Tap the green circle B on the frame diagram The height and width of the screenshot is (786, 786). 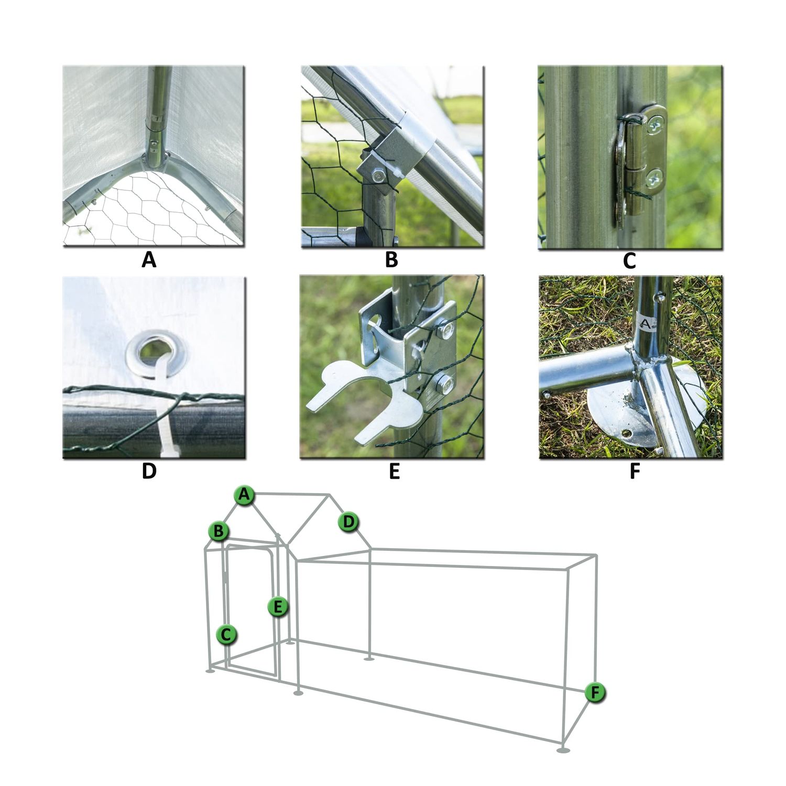click(219, 531)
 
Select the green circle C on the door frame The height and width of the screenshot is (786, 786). click(226, 635)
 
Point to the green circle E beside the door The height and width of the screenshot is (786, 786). click(278, 607)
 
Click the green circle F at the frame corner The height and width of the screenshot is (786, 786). click(595, 693)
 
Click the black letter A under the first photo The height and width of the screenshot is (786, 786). click(149, 260)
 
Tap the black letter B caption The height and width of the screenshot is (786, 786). click(391, 260)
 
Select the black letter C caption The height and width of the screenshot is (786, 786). click(629, 260)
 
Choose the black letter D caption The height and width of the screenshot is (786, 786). click(149, 471)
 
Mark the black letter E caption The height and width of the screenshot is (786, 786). click(395, 471)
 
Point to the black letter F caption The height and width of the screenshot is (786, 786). click(635, 471)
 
